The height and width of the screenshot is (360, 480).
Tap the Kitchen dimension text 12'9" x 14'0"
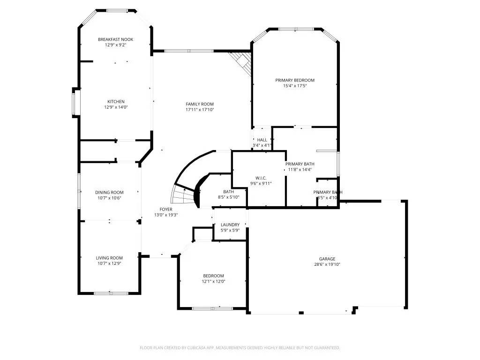coord(116,107)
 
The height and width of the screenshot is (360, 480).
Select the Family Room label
coord(200,104)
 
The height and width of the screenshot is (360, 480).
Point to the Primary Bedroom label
coord(295,80)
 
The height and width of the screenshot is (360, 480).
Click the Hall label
coord(262,140)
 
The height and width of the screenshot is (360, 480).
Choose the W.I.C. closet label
coord(261,178)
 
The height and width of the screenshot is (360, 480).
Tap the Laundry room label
coord(230,225)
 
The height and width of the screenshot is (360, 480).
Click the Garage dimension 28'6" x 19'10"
coord(327,264)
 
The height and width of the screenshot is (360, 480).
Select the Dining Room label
coord(110,192)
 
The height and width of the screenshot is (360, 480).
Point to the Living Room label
coord(110,258)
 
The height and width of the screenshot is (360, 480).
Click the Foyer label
coord(166,209)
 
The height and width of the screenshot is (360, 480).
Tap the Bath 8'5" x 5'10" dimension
coord(229,197)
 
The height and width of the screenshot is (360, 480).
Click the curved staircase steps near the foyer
coord(184,194)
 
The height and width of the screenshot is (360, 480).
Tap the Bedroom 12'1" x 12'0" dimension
coord(213,281)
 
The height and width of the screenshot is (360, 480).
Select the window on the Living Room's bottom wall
coord(111,293)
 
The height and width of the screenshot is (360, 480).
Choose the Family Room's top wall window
coord(189,51)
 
